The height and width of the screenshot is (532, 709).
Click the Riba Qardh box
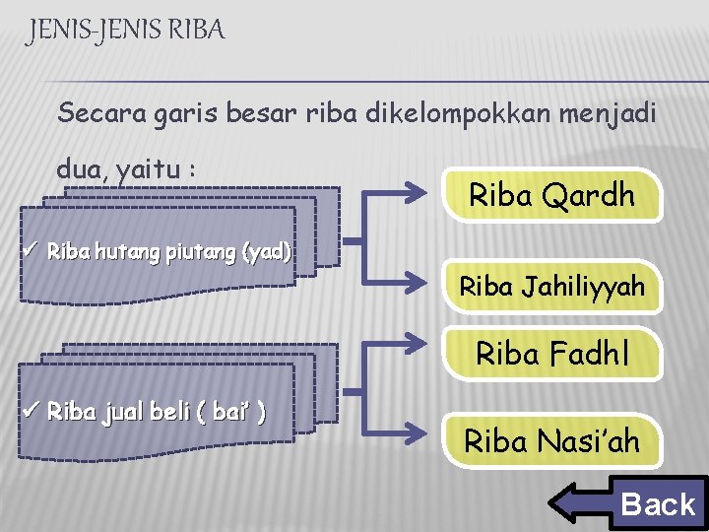[x=551, y=195]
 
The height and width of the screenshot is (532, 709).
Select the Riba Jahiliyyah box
[x=551, y=287]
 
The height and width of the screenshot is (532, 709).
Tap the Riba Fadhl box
[x=551, y=353]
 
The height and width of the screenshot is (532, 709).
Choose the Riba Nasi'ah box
[x=551, y=440]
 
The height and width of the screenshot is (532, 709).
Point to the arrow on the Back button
[x=581, y=503]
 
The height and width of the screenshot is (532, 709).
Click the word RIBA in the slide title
[x=197, y=31]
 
